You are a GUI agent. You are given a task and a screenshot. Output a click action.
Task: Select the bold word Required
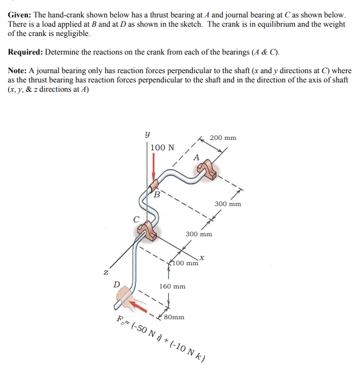click(x=27, y=52)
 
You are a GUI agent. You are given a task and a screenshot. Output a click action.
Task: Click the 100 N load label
click(x=162, y=147)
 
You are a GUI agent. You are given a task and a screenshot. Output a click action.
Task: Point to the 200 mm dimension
click(x=223, y=138)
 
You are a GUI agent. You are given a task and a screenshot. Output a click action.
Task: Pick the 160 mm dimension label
click(x=172, y=286)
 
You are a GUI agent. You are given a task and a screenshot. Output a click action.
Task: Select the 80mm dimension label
click(x=174, y=318)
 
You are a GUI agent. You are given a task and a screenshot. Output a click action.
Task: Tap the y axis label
click(x=148, y=134)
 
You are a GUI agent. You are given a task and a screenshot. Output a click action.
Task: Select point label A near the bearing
click(x=196, y=157)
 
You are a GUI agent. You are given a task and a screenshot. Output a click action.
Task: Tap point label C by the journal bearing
click(x=135, y=219)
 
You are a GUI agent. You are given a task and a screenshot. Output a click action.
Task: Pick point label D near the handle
click(x=117, y=284)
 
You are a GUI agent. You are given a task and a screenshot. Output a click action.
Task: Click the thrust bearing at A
click(x=207, y=170)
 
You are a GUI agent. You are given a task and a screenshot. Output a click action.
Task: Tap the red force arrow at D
click(x=138, y=304)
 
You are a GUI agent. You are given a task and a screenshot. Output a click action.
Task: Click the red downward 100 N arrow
click(x=153, y=168)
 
